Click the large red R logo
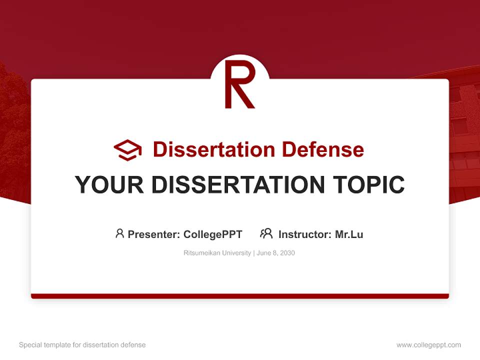click(x=239, y=84)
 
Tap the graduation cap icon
click(x=127, y=149)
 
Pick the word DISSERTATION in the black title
click(x=238, y=185)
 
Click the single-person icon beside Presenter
click(x=119, y=233)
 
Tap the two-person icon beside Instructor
click(x=266, y=233)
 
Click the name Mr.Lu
click(x=349, y=234)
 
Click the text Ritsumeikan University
click(x=217, y=253)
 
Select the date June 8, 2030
click(x=276, y=253)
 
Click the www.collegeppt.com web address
click(x=428, y=345)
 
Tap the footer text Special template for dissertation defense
click(x=82, y=345)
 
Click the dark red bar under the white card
click(x=240, y=296)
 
